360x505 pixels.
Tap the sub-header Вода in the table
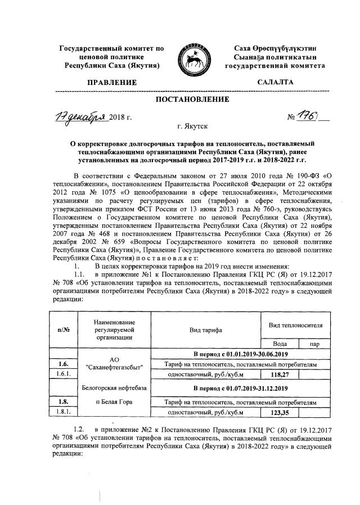(x=280, y=343)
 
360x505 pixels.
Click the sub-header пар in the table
(x=312, y=343)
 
